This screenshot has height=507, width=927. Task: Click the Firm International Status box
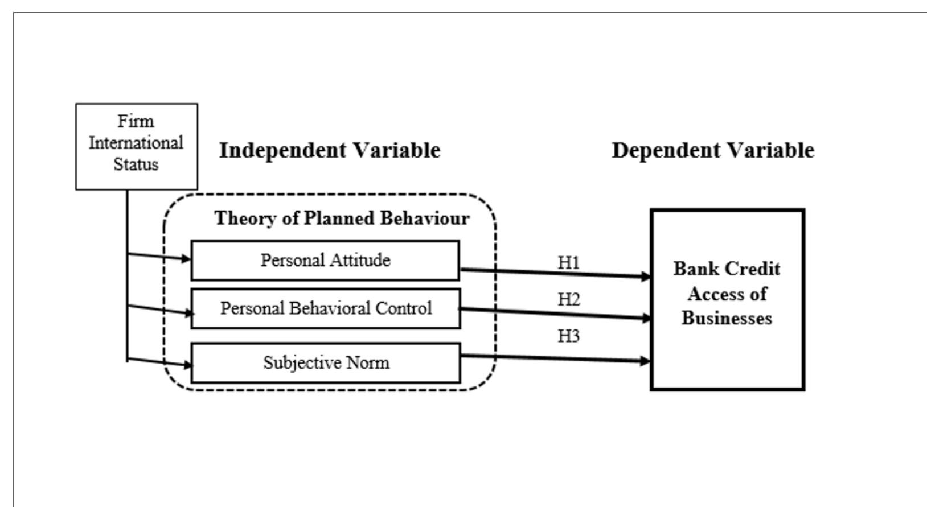click(136, 146)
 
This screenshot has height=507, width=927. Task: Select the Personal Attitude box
click(325, 261)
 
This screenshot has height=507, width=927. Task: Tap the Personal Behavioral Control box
click(325, 308)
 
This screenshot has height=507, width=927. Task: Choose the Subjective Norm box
click(325, 363)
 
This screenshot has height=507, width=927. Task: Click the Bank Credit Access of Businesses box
click(727, 299)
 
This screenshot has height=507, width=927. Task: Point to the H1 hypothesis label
click(568, 262)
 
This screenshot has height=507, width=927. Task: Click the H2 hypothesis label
click(568, 299)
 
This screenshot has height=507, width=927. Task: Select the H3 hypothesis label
click(568, 336)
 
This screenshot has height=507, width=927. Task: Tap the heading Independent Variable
click(330, 150)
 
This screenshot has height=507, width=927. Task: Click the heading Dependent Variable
click(713, 150)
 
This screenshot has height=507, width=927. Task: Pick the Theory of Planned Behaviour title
click(342, 218)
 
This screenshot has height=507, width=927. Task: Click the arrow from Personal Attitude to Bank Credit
click(555, 273)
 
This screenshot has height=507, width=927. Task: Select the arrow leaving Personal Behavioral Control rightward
click(555, 314)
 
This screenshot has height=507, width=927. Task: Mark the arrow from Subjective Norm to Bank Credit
click(555, 358)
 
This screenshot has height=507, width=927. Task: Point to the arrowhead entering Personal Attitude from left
click(186, 259)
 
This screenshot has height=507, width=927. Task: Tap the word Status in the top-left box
click(136, 164)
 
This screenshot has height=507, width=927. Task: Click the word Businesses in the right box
click(727, 318)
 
